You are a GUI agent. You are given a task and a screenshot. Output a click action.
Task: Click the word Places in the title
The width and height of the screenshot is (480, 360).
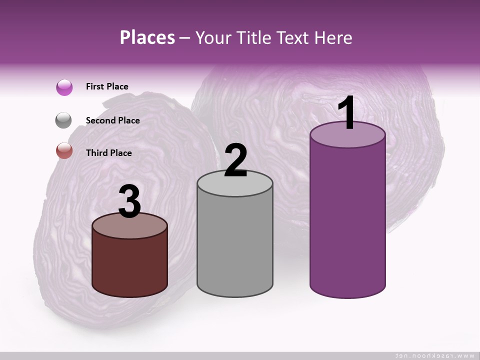click(x=147, y=37)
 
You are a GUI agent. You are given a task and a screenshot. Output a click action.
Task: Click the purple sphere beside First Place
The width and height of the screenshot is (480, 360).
click(x=64, y=87)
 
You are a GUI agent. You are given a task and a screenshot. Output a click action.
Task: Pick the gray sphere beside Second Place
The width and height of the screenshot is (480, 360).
click(x=64, y=120)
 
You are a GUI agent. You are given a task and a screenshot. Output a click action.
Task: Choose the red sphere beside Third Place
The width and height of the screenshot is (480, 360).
click(x=64, y=150)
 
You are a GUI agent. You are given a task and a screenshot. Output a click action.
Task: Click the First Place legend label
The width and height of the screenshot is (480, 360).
click(x=107, y=86)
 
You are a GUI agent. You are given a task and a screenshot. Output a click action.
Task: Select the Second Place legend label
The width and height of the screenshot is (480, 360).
click(x=112, y=120)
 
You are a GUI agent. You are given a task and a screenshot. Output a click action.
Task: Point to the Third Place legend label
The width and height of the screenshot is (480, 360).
click(x=108, y=153)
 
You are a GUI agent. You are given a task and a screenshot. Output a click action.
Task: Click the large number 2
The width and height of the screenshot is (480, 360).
click(x=235, y=161)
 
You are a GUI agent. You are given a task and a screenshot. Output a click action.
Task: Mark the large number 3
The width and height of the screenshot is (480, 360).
click(x=129, y=202)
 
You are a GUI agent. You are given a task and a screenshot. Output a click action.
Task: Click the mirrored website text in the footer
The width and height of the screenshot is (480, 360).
click(x=434, y=355)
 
